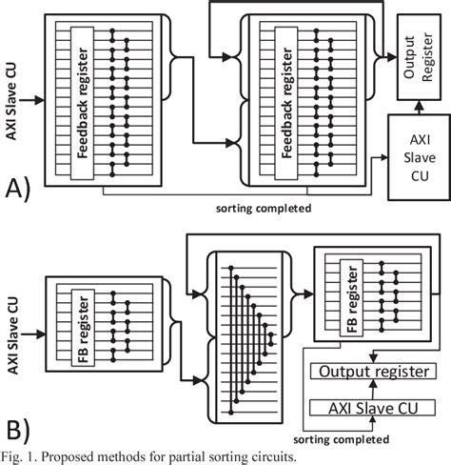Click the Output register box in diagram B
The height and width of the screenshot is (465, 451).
point(365,371)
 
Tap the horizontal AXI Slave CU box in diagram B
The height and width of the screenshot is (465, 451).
point(365,408)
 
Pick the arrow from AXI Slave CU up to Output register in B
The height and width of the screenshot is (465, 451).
point(365,389)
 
